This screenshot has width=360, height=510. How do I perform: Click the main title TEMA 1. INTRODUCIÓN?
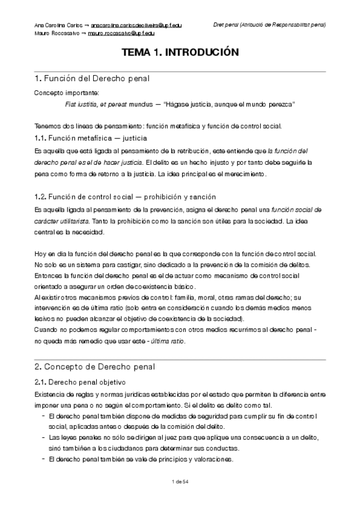pos(180,53)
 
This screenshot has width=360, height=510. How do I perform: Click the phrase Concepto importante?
pos(63,93)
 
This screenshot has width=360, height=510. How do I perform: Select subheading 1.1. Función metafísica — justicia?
pos(91,138)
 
